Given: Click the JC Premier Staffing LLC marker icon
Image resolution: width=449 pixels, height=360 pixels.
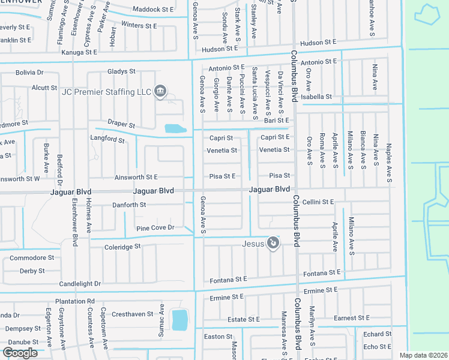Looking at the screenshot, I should [160, 91].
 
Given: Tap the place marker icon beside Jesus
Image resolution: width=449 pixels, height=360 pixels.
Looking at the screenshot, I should [273, 243].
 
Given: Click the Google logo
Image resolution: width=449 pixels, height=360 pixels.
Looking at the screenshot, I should [20, 353].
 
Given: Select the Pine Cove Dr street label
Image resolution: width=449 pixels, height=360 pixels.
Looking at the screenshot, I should [155, 228].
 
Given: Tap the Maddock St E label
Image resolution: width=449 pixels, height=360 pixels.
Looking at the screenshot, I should [153, 10].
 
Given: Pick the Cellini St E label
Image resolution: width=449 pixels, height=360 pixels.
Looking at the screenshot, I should [318, 202].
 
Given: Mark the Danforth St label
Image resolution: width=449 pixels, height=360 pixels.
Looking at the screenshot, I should [129, 205].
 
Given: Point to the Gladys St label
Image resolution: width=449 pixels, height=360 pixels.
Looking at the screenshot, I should [121, 71].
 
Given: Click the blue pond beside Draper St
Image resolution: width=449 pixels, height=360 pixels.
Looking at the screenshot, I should [174, 128].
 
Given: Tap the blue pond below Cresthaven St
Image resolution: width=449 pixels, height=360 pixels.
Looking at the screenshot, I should [179, 320].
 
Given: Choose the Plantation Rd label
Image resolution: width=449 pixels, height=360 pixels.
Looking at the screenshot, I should [74, 301].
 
